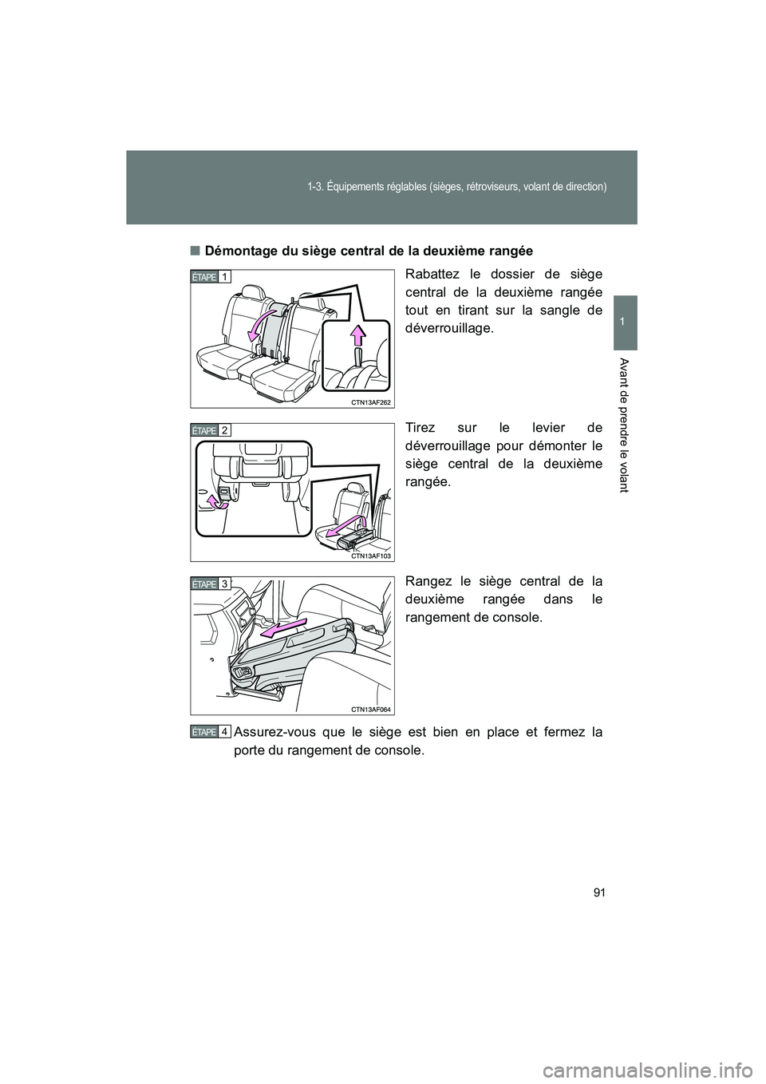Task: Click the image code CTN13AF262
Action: click(x=370, y=402)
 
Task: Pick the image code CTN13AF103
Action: click(x=370, y=556)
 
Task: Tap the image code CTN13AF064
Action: click(x=370, y=710)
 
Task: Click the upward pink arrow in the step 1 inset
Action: click(x=357, y=335)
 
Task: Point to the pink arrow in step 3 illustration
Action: click(x=283, y=627)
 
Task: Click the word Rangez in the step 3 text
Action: click(x=424, y=582)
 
